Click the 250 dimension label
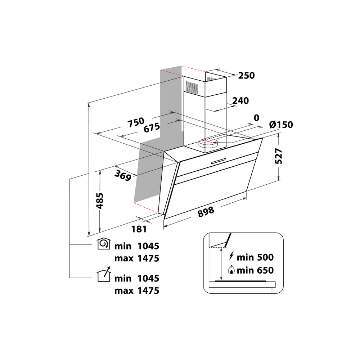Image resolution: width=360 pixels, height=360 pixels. [246, 76]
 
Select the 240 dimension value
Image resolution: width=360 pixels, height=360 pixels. [240, 101]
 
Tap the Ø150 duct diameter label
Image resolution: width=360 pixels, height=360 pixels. [281, 125]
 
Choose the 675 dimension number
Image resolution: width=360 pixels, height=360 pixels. [151, 128]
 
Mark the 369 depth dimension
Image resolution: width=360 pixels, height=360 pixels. [122, 175]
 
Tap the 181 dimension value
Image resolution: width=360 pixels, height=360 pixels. [139, 229]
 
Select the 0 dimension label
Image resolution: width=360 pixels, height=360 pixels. [256, 118]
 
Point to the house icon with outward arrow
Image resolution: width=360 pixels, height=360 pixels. [104, 275]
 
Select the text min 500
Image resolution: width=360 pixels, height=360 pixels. [256, 257]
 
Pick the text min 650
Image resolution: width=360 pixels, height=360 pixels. [256, 270]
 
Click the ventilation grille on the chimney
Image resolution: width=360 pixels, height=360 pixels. [192, 86]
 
